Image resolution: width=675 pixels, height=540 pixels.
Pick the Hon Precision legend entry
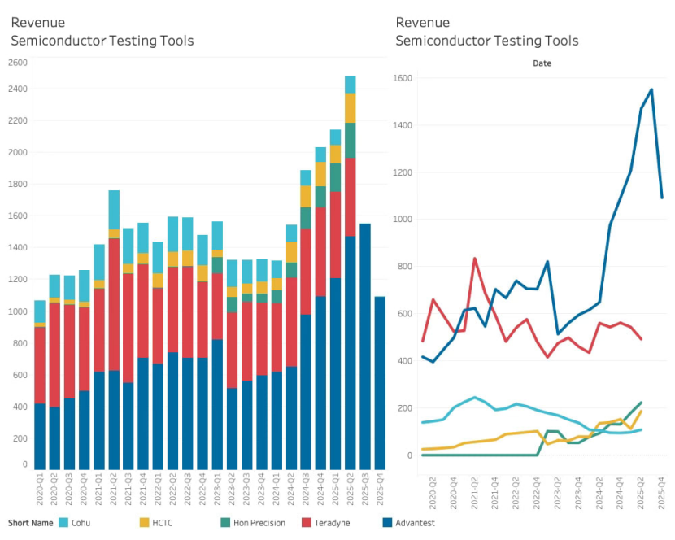pos(253,522)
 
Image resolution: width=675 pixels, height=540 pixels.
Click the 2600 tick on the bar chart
pos(18,63)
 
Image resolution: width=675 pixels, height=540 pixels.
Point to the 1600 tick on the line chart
pos(403,78)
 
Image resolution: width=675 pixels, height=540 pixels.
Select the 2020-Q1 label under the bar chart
pos(40,490)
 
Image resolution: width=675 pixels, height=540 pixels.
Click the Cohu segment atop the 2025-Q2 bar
pos(351,85)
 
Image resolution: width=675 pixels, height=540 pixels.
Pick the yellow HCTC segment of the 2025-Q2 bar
pos(351,108)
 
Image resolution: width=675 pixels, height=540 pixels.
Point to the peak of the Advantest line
pos(651,89)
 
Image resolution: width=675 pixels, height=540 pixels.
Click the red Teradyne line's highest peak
pos(475,259)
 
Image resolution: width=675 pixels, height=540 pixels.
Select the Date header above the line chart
pos(542,63)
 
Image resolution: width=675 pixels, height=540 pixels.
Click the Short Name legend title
pos(28,522)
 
